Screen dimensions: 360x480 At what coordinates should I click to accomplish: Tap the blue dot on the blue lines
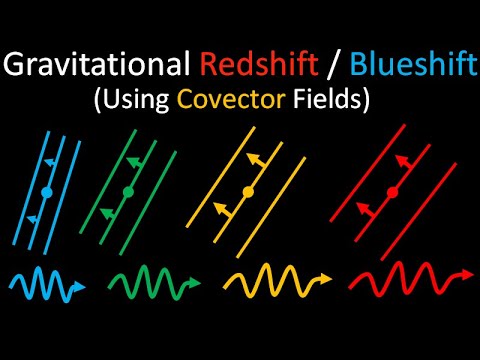pyautogui.click(x=46, y=189)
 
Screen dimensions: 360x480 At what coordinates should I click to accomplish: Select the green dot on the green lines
pyautogui.click(x=128, y=190)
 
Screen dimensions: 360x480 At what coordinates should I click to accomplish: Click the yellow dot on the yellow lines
pyautogui.click(x=248, y=190)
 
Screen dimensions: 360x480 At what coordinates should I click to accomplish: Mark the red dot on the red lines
pyautogui.click(x=392, y=190)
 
